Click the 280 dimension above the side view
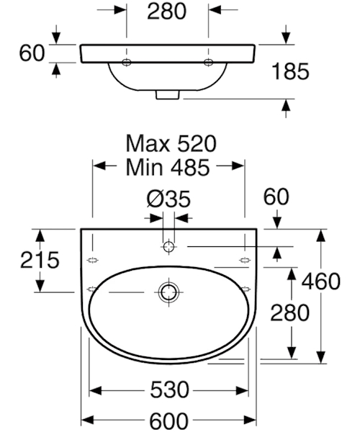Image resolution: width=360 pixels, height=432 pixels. pyautogui.click(x=167, y=12)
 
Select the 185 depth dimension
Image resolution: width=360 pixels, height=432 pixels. pyautogui.click(x=290, y=71)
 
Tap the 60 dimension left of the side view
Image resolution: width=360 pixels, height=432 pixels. pyautogui.click(x=32, y=53)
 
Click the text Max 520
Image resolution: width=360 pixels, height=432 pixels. pyautogui.click(x=171, y=143)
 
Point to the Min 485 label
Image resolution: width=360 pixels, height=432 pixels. pyautogui.click(x=168, y=167)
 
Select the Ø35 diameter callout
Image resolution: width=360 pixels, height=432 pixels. pyautogui.click(x=168, y=199)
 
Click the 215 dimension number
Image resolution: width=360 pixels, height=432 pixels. pyautogui.click(x=40, y=260)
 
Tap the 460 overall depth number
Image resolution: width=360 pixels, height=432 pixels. pyautogui.click(x=321, y=282)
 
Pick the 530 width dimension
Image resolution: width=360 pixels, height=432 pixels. pyautogui.click(x=169, y=390)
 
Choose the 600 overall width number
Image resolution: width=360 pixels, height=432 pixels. pyautogui.click(x=169, y=420)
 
